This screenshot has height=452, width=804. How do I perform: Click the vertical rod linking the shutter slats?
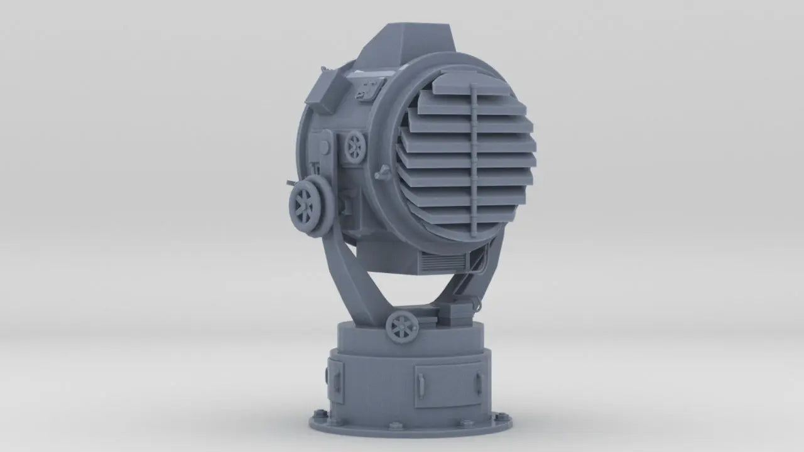click(x=473, y=157)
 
